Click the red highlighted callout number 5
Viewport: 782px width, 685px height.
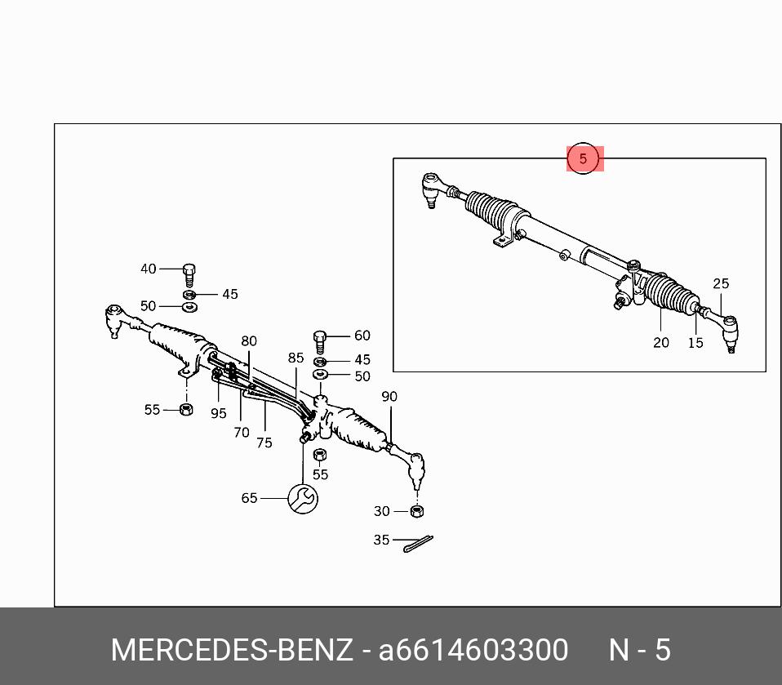pos(583,158)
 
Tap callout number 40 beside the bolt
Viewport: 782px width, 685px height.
pos(148,269)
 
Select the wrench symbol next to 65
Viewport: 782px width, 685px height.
pos(303,498)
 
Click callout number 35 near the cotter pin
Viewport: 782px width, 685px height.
pos(381,540)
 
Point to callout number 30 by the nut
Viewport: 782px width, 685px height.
pos(382,511)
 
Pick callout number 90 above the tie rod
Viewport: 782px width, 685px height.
pos(389,397)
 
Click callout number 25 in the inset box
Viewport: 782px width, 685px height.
pos(721,284)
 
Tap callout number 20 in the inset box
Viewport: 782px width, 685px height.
pos(661,343)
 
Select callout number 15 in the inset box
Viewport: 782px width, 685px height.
pos(695,343)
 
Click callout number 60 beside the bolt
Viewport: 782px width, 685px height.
pos(362,336)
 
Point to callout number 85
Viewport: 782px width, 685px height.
pos(295,358)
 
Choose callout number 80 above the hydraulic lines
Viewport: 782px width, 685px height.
pos(249,341)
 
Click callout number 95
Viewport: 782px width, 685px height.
pos(218,414)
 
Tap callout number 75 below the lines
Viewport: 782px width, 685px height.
pos(264,443)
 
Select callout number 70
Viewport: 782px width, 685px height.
pos(242,433)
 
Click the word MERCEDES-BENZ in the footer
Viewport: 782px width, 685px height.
pos(232,650)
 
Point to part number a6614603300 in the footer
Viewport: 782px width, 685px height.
pos(473,650)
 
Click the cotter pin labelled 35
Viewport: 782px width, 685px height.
pos(418,543)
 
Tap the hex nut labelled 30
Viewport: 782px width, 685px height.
pos(416,511)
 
